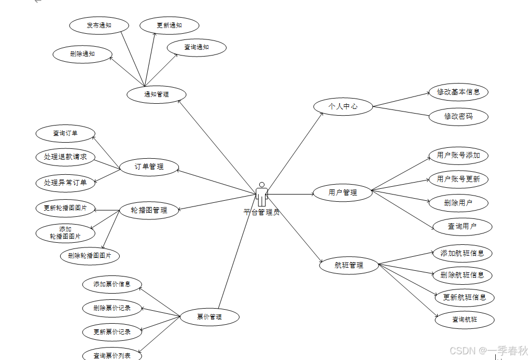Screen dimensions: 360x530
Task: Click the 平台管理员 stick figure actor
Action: tap(261, 194)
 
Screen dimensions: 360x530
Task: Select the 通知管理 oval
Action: tap(157, 94)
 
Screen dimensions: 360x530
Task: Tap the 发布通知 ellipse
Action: tap(99, 25)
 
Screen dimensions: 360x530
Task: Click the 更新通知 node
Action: tap(169, 25)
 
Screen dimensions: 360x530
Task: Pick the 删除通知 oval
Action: tap(82, 54)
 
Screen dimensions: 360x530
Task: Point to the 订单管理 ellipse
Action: tap(149, 167)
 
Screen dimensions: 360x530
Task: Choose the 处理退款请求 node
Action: tap(65, 157)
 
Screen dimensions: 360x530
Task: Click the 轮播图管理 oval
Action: tap(149, 210)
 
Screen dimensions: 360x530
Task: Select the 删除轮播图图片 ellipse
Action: tap(90, 256)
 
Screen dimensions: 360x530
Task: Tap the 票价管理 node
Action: tap(210, 317)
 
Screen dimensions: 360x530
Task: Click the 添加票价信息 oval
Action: tap(112, 284)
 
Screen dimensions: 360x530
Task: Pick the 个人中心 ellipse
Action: tap(343, 106)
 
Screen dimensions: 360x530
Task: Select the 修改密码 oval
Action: tap(458, 116)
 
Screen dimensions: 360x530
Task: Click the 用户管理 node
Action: tap(343, 192)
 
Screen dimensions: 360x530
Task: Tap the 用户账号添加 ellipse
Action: tap(458, 155)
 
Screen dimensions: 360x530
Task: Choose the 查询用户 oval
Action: tap(462, 226)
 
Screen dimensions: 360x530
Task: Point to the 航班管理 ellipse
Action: tap(349, 265)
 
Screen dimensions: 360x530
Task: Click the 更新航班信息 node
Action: tap(465, 297)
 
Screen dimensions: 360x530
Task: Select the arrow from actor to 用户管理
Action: tap(290, 194)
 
